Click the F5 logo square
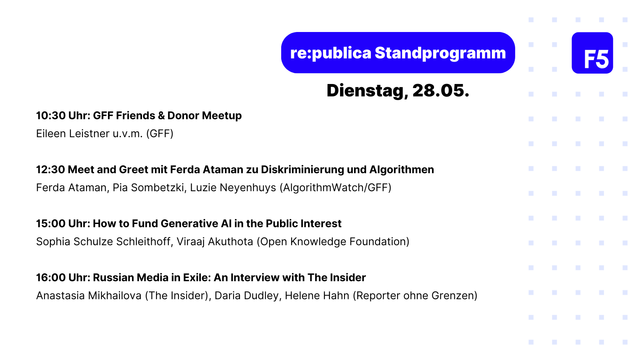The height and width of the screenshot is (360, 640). (592, 53)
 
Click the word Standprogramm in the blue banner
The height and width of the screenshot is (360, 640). (440, 54)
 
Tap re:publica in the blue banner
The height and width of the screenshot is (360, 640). (330, 54)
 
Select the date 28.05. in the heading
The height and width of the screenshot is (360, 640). (441, 90)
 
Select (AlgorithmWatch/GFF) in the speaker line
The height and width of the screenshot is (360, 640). (336, 188)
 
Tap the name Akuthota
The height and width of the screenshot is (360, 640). (230, 242)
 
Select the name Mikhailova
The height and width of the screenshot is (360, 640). (114, 296)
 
